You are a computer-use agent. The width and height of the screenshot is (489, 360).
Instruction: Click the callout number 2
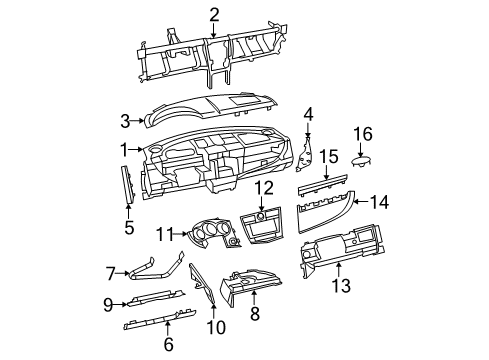pos(214,13)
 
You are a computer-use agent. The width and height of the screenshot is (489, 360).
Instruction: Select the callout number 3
pos(125,122)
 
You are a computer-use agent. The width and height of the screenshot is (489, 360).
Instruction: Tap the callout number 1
pos(124,150)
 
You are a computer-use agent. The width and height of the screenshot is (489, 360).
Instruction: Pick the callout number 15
pos(329,158)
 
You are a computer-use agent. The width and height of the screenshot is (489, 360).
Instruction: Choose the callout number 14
pos(378,202)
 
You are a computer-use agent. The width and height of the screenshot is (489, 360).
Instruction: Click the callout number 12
pos(264,187)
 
